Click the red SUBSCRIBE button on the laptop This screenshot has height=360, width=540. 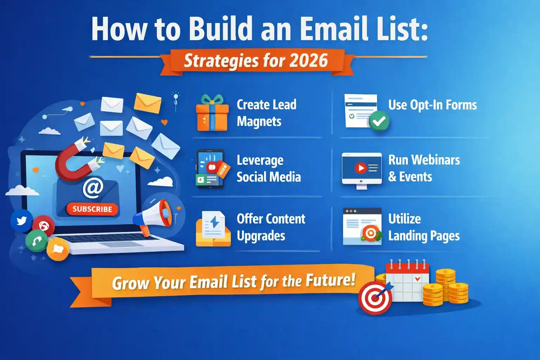[x=92, y=209]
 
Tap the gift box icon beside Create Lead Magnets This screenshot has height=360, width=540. [x=212, y=114]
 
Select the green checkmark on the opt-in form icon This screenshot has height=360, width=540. [x=379, y=121]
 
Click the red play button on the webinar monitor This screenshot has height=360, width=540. [x=360, y=168]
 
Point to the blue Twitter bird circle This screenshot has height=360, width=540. [x=21, y=221]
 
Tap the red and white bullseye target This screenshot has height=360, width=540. [x=375, y=298]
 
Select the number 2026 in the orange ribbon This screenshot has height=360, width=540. [x=309, y=60]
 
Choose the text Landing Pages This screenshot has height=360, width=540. [x=424, y=236]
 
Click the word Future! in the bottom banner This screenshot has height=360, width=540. [x=330, y=280]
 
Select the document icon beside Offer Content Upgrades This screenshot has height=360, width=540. [x=213, y=229]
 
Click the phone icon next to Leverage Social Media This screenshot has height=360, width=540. [x=211, y=169]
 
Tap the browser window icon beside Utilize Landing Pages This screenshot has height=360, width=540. [x=362, y=226]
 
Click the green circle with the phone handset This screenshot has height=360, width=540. [x=37, y=241]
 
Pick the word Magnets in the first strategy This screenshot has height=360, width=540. [x=259, y=122]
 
